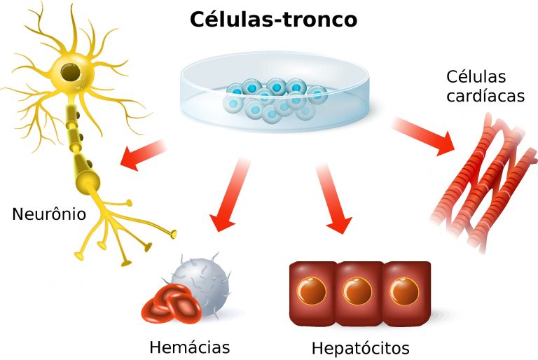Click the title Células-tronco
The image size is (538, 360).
point(273,20)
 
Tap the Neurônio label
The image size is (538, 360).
point(49,214)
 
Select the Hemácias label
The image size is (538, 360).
point(189,347)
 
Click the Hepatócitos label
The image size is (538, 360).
point(360,348)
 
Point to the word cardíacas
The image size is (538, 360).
point(485,96)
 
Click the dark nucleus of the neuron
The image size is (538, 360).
point(69,71)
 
